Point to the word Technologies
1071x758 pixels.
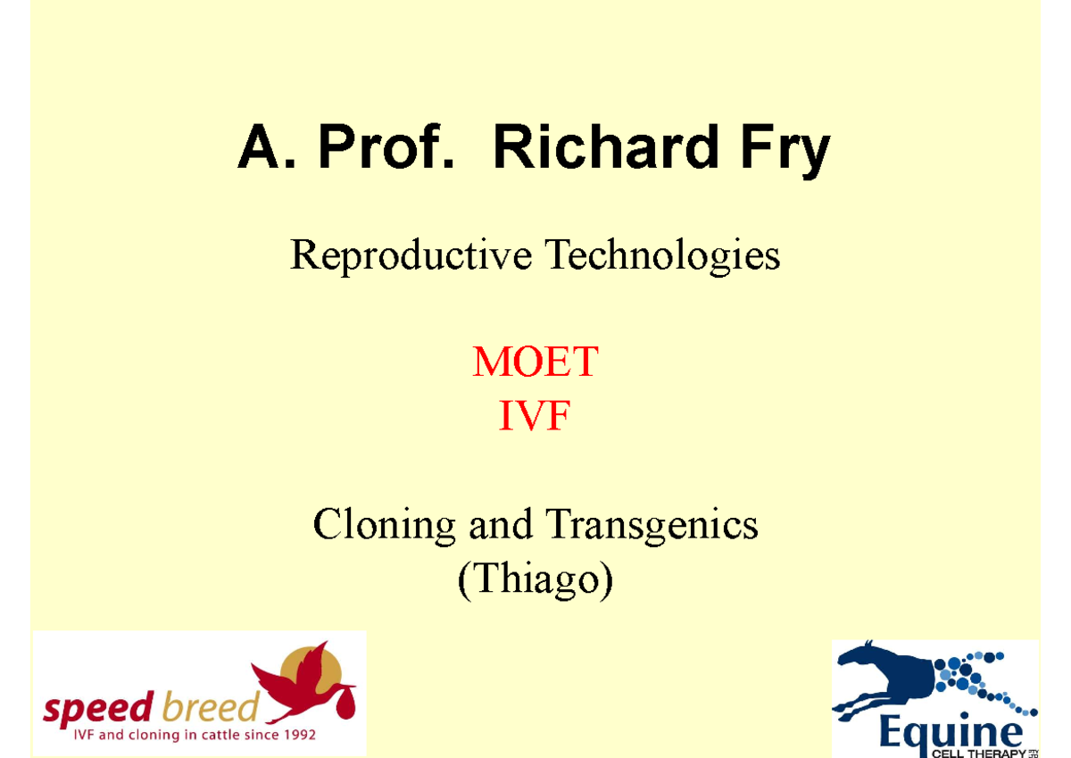[662, 256]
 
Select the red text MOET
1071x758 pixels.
[535, 363]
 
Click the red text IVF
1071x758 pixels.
[534, 416]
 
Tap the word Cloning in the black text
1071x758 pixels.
[384, 524]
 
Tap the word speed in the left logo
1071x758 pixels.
[98, 710]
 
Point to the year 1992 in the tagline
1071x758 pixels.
[299, 737]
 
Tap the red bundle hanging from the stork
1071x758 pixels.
[345, 704]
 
